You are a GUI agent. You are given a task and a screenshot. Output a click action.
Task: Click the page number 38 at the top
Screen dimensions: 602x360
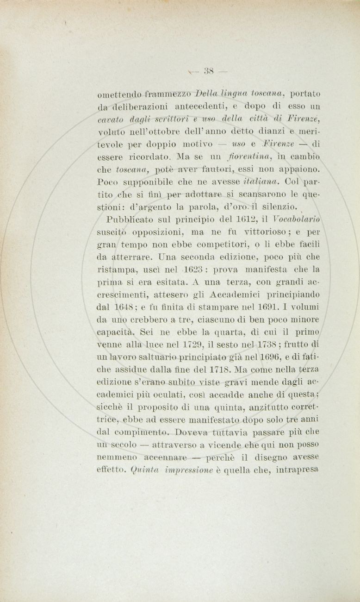[x=208, y=72]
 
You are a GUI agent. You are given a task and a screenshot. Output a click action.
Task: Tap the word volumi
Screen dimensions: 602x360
[x=306, y=307]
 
